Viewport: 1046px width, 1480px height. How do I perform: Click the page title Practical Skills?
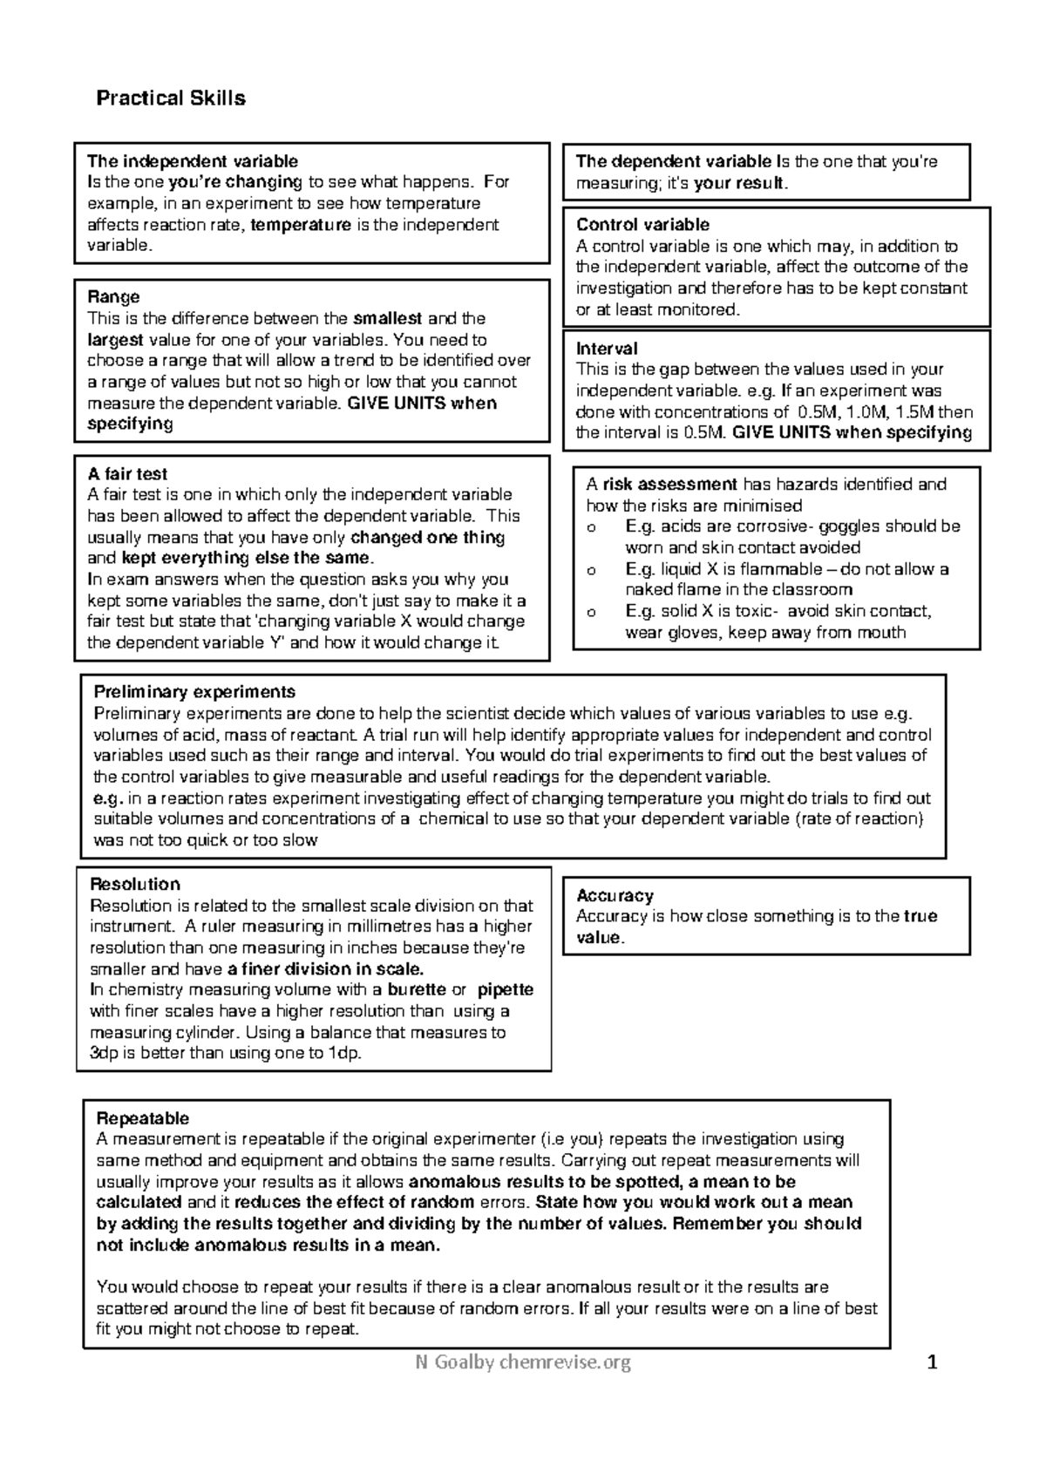point(171,98)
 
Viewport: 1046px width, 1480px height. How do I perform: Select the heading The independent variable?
point(192,161)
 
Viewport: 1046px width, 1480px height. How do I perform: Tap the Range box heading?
point(113,297)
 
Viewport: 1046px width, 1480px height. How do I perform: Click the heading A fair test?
point(127,474)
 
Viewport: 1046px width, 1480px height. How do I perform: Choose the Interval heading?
point(607,349)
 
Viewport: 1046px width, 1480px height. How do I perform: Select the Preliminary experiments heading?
point(194,692)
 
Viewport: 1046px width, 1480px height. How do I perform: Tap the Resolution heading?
point(135,885)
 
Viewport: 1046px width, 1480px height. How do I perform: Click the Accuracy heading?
point(615,896)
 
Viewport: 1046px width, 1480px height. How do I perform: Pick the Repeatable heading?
point(142,1118)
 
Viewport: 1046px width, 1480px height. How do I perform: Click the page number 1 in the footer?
point(932,1362)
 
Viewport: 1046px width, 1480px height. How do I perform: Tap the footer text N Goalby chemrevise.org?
point(522,1361)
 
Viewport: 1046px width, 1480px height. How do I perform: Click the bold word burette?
point(416,990)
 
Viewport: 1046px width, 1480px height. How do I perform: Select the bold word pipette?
point(506,990)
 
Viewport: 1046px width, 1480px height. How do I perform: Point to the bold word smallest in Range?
point(388,319)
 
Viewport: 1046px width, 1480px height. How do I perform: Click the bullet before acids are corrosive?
point(593,527)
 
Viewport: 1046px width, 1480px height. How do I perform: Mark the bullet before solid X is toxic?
point(593,612)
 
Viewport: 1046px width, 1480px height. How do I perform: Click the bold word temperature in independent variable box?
point(301,225)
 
